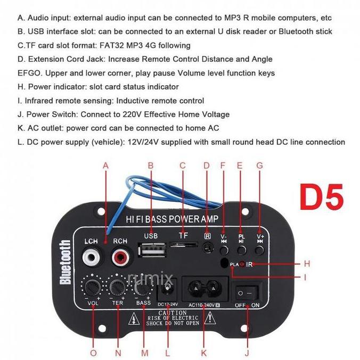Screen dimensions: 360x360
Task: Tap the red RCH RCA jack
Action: (x=120, y=259)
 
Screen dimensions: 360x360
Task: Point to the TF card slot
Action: (x=182, y=244)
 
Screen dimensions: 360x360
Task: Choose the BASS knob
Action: (x=143, y=288)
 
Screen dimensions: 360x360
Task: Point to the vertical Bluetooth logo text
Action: (x=66, y=263)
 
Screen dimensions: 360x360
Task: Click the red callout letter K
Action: (x=203, y=353)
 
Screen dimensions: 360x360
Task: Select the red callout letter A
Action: (x=105, y=166)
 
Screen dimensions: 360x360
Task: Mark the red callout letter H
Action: (x=306, y=264)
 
